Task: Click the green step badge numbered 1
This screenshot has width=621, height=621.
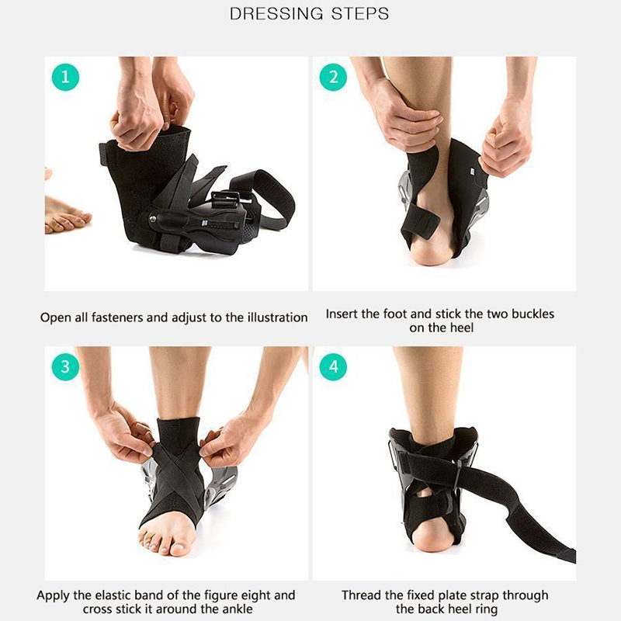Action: (x=65, y=77)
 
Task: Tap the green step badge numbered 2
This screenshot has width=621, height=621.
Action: (x=334, y=77)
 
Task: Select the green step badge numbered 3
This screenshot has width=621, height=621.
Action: (x=65, y=366)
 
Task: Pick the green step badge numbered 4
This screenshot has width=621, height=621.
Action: (x=334, y=366)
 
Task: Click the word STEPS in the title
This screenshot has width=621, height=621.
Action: (x=360, y=14)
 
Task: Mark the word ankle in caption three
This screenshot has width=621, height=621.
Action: (x=236, y=609)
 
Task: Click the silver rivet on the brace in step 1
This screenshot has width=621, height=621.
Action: (x=152, y=218)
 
